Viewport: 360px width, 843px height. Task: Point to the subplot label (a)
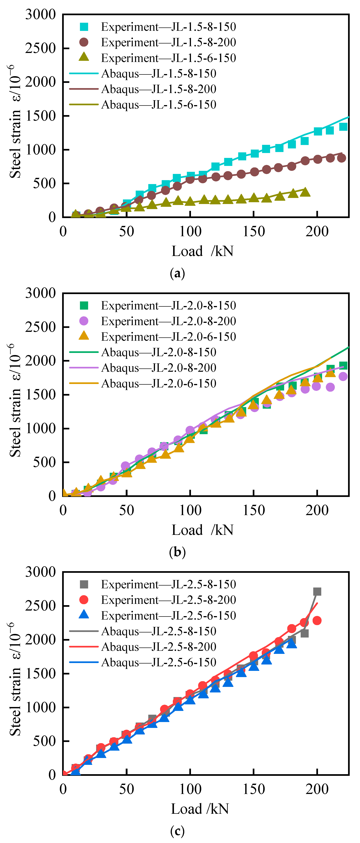click(x=177, y=273)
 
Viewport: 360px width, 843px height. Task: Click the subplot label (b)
click(x=177, y=552)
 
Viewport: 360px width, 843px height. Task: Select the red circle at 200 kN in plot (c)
click(x=317, y=621)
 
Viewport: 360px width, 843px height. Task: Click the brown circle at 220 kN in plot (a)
click(x=341, y=158)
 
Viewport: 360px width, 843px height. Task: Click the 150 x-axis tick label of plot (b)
click(x=254, y=511)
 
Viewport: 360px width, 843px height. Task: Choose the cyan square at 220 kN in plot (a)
click(x=343, y=127)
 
